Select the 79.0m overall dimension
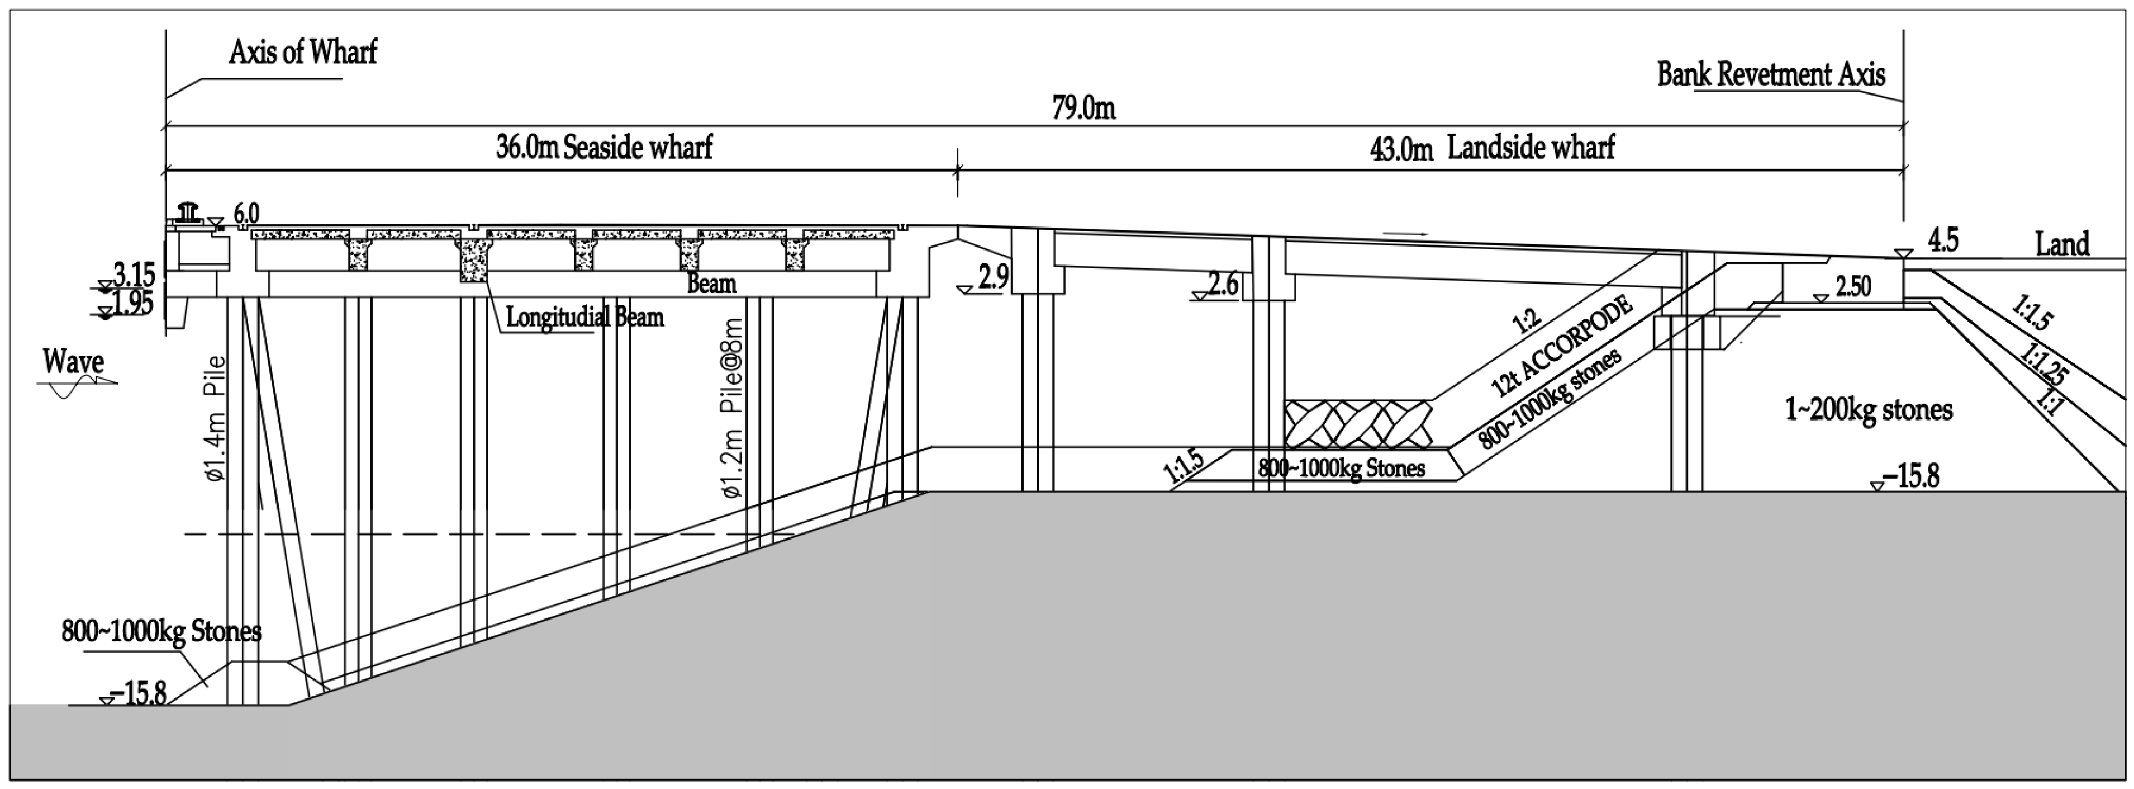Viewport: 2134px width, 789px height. coord(1083,108)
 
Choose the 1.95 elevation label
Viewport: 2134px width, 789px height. coord(132,303)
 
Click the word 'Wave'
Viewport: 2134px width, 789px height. coord(73,362)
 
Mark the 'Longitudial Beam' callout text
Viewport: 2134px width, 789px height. coord(585,318)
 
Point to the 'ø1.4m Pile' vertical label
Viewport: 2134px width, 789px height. coord(215,418)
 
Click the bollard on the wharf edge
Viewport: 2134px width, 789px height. coord(189,211)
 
